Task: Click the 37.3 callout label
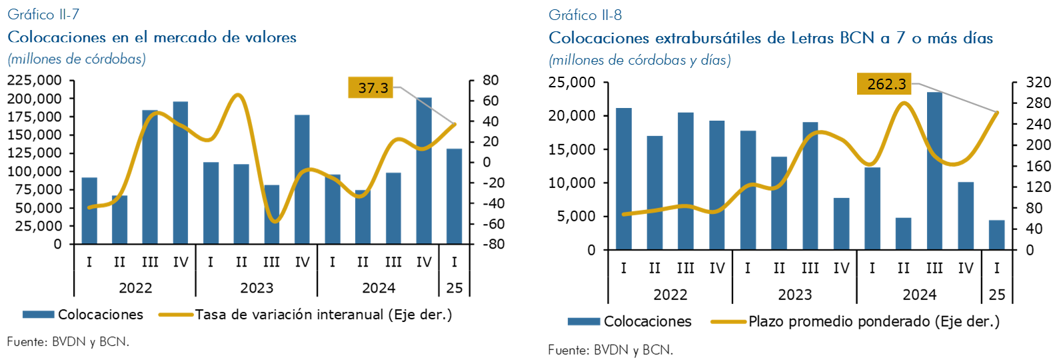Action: pyautogui.click(x=371, y=87)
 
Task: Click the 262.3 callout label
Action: pyautogui.click(x=884, y=84)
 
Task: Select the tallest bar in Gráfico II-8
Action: pyautogui.click(x=934, y=171)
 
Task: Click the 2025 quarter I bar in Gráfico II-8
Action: pyautogui.click(x=996, y=235)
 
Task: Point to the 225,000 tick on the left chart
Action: pyautogui.click(x=34, y=80)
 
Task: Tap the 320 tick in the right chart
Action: pyautogui.click(x=1038, y=83)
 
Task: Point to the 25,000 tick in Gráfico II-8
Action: pyautogui.click(x=572, y=83)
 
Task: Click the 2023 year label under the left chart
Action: pyautogui.click(x=257, y=288)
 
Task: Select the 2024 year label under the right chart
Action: pyautogui.click(x=919, y=295)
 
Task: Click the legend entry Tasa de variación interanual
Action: pyautogui.click(x=323, y=315)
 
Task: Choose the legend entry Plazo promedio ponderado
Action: pyautogui.click(x=874, y=321)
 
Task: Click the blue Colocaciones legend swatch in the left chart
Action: pyautogui.click(x=38, y=315)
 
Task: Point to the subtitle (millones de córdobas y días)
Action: pyautogui.click(x=640, y=60)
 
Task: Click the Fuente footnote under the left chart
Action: pyautogui.click(x=68, y=341)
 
